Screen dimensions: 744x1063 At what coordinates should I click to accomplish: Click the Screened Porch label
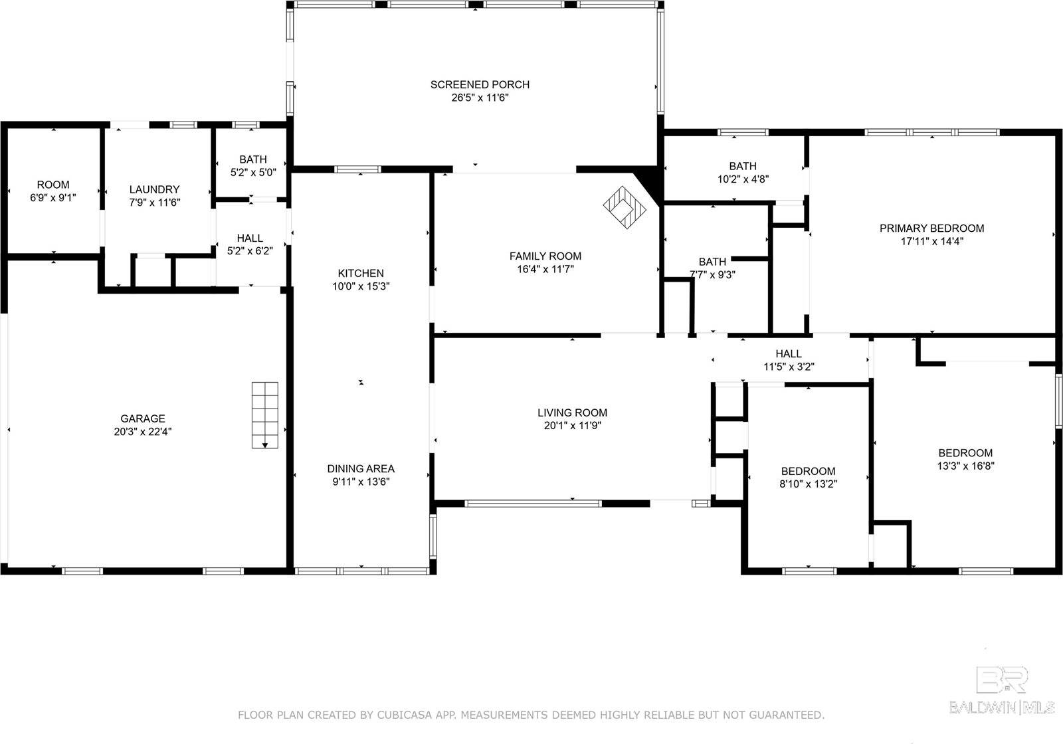[x=480, y=84]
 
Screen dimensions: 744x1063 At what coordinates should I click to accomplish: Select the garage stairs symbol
[x=264, y=415]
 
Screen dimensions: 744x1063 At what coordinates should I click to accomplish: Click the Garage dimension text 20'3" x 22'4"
[x=143, y=431]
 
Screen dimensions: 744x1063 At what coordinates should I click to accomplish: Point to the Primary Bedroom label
[x=931, y=228]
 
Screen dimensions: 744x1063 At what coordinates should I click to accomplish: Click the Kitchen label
[x=361, y=273]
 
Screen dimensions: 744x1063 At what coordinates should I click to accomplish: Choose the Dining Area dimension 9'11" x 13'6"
[x=361, y=482]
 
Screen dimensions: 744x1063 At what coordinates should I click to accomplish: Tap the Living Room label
[x=572, y=413]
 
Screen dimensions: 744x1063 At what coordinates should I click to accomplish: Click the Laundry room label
[x=154, y=189]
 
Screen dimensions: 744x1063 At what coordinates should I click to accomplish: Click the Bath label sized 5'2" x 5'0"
[x=253, y=159]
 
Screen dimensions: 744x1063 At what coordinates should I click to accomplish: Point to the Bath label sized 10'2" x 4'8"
[x=742, y=166]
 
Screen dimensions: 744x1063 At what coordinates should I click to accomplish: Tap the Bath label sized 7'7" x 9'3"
[x=712, y=262]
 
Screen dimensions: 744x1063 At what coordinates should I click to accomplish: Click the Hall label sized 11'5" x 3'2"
[x=789, y=353]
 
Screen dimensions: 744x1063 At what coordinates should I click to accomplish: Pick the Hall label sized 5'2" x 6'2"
[x=250, y=238]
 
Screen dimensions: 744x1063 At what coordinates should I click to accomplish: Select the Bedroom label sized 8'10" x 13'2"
[x=808, y=471]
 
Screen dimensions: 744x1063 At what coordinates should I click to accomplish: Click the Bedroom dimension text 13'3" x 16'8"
[x=965, y=466]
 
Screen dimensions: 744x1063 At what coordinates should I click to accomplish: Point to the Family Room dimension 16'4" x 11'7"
[x=545, y=269]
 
